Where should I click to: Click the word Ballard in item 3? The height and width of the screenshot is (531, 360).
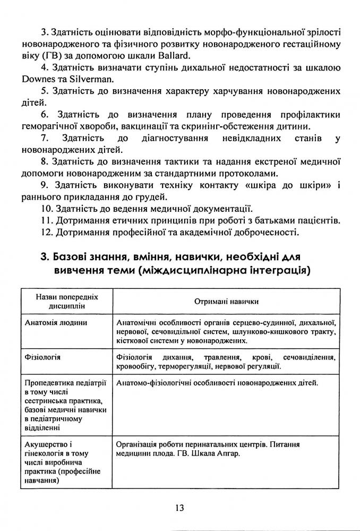[174, 56]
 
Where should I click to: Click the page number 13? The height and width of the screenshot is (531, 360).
[179, 507]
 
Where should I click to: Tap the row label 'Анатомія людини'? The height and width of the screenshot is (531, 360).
[52, 322]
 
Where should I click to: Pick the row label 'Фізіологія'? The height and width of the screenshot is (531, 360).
[42, 357]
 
